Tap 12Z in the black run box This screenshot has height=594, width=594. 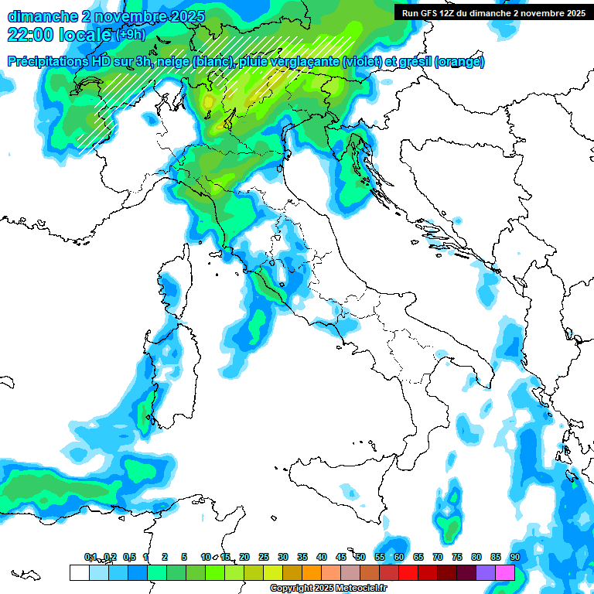448,12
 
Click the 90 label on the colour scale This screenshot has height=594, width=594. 514,557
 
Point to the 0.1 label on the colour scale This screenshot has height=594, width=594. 90,557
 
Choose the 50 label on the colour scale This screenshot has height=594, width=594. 360,557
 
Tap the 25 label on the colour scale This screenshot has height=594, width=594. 264,557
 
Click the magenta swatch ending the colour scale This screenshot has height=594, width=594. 505,572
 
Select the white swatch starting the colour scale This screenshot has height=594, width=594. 79,572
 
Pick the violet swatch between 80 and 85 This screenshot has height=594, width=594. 486,572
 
